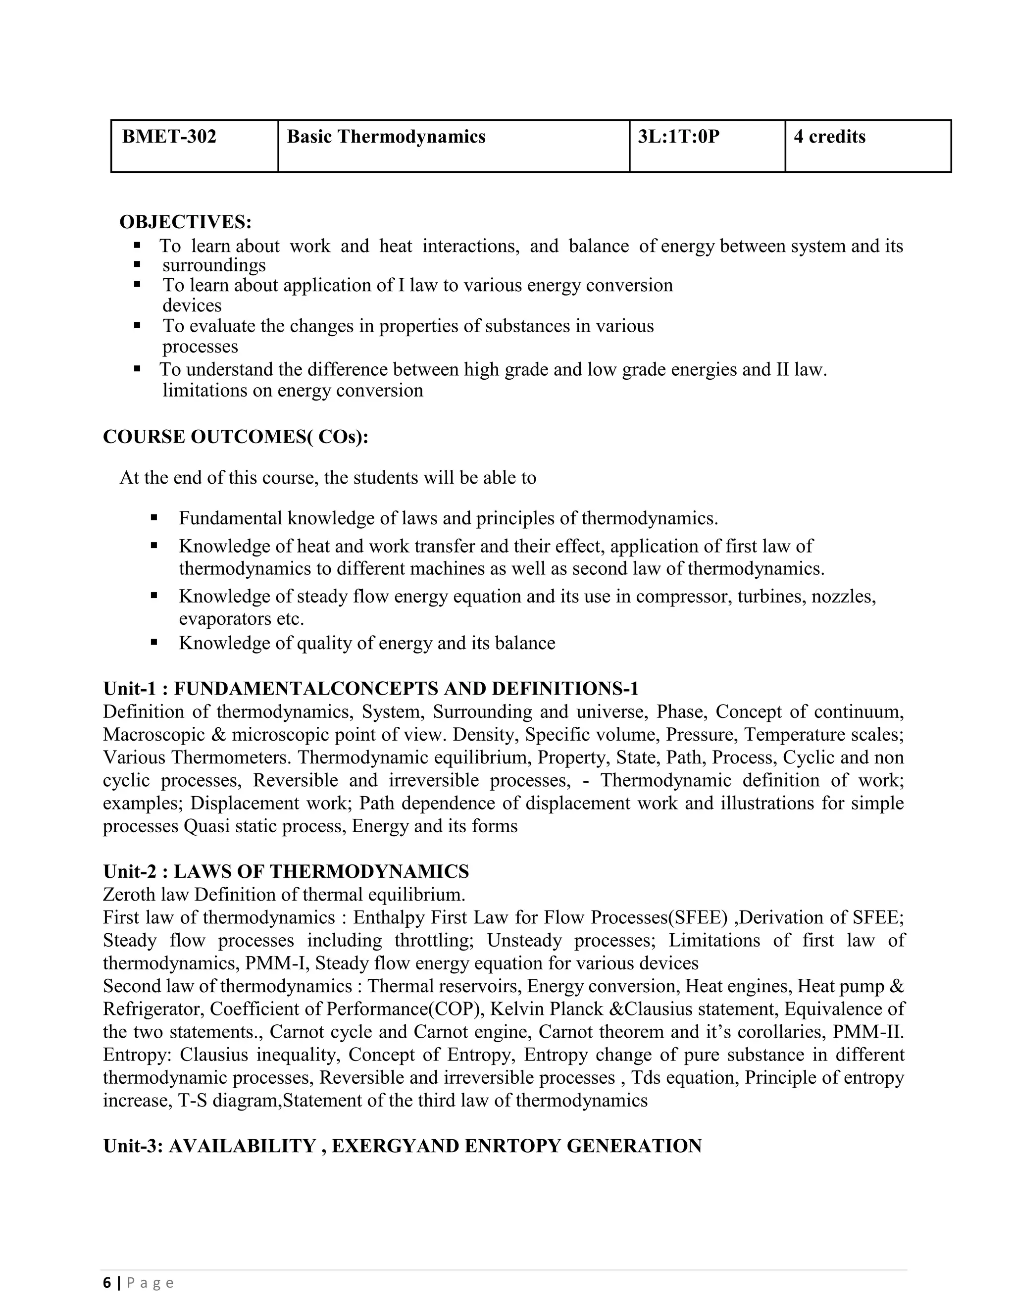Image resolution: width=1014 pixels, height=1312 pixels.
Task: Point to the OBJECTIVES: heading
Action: click(186, 222)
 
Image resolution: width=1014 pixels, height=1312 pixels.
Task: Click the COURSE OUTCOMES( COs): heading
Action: click(236, 437)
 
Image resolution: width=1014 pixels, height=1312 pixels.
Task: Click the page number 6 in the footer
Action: click(107, 1283)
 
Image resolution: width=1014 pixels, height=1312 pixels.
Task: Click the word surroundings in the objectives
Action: click(214, 265)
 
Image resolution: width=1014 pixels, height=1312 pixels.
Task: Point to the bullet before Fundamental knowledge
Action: click(154, 517)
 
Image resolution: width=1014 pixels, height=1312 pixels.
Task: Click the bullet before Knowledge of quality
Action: click(154, 642)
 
